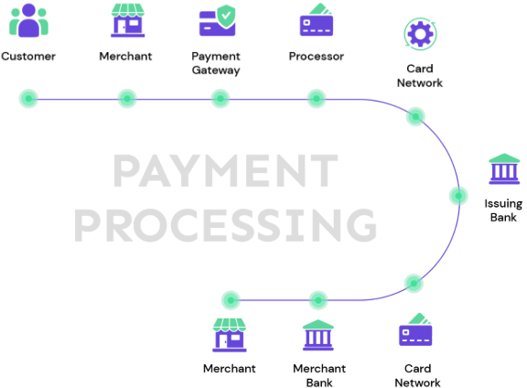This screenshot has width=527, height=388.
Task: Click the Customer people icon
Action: pos(28,20)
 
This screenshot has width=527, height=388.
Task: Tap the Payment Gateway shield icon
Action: pos(218,20)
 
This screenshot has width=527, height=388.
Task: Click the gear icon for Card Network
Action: pos(420,34)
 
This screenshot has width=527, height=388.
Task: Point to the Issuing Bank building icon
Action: pos(504,168)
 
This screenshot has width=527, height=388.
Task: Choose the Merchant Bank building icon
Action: pos(318,335)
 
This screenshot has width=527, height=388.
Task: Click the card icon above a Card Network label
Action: pos(415,329)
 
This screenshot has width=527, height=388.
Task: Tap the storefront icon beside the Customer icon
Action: pos(128,20)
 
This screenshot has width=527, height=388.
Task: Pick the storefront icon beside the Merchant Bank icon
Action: pos(230,335)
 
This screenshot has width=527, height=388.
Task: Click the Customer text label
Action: pos(28,56)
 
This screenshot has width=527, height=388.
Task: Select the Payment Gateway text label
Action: pos(216,63)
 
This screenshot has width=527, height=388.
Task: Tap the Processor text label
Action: pos(317,56)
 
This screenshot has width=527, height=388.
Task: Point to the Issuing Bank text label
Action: pos(503,210)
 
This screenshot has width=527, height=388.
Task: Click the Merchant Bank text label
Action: pos(319,375)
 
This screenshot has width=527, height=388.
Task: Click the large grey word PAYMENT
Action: pos(225,170)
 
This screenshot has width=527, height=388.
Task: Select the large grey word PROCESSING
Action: pos(225,225)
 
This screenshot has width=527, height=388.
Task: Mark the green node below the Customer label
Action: pos(28,99)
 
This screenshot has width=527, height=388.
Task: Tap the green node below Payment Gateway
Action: pos(220,99)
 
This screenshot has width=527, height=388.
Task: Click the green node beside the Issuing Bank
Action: pos(458,196)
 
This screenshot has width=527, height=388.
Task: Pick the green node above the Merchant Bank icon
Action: pos(318,300)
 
